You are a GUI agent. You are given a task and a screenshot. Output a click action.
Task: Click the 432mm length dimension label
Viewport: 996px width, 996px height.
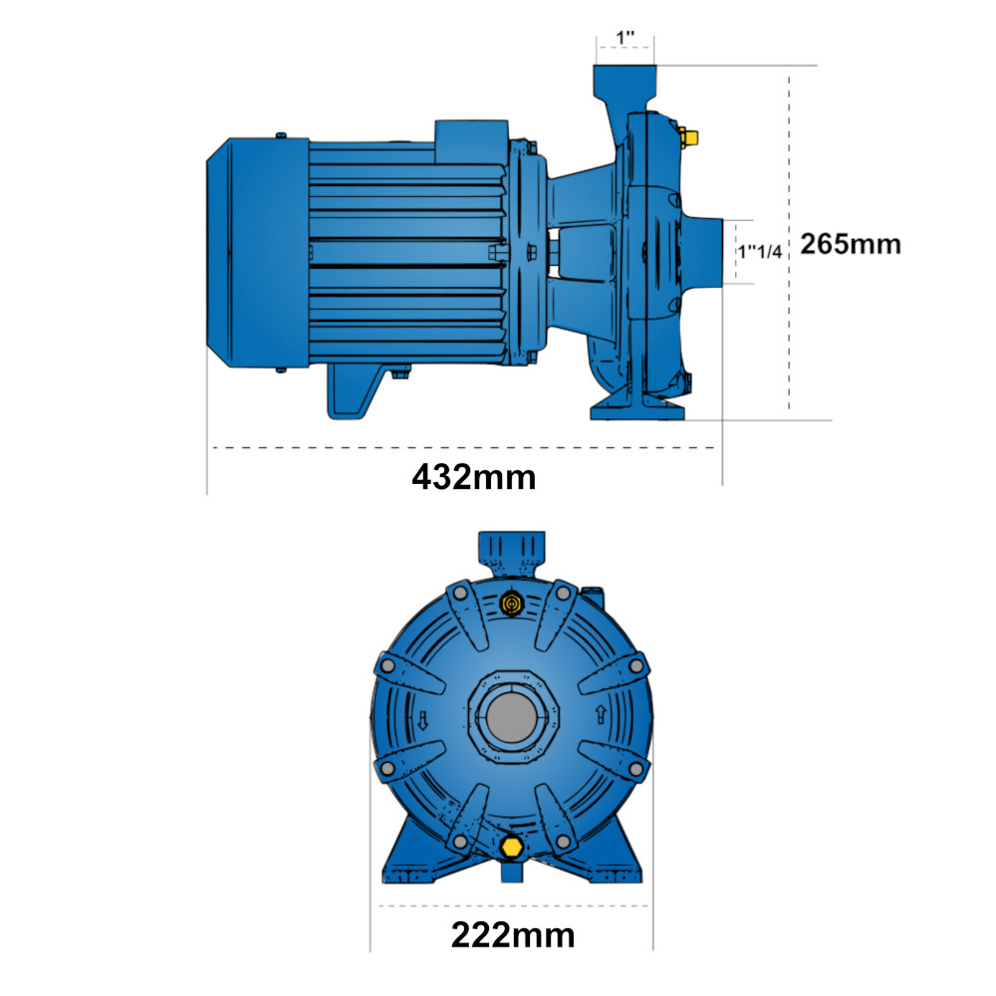tap(474, 477)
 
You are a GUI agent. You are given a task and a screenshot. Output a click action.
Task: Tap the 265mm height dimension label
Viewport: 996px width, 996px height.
tap(851, 244)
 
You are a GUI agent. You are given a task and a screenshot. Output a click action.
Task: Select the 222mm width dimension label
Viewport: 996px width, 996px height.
tap(513, 935)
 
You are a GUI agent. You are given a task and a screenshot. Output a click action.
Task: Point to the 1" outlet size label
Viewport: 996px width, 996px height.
tap(625, 38)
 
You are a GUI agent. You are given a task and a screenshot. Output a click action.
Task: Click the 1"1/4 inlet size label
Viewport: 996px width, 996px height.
tap(760, 252)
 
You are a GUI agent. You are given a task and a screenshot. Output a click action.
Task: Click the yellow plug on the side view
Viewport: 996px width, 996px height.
tap(687, 135)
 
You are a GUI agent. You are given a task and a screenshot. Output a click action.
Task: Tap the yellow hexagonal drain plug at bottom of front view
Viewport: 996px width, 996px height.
tap(511, 847)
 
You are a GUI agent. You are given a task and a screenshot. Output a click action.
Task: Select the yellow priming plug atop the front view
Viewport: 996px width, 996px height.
tap(511, 603)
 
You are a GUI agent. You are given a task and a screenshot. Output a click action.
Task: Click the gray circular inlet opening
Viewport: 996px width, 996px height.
tap(511, 717)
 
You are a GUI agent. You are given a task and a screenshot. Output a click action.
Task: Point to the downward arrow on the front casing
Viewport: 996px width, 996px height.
tap(422, 721)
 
